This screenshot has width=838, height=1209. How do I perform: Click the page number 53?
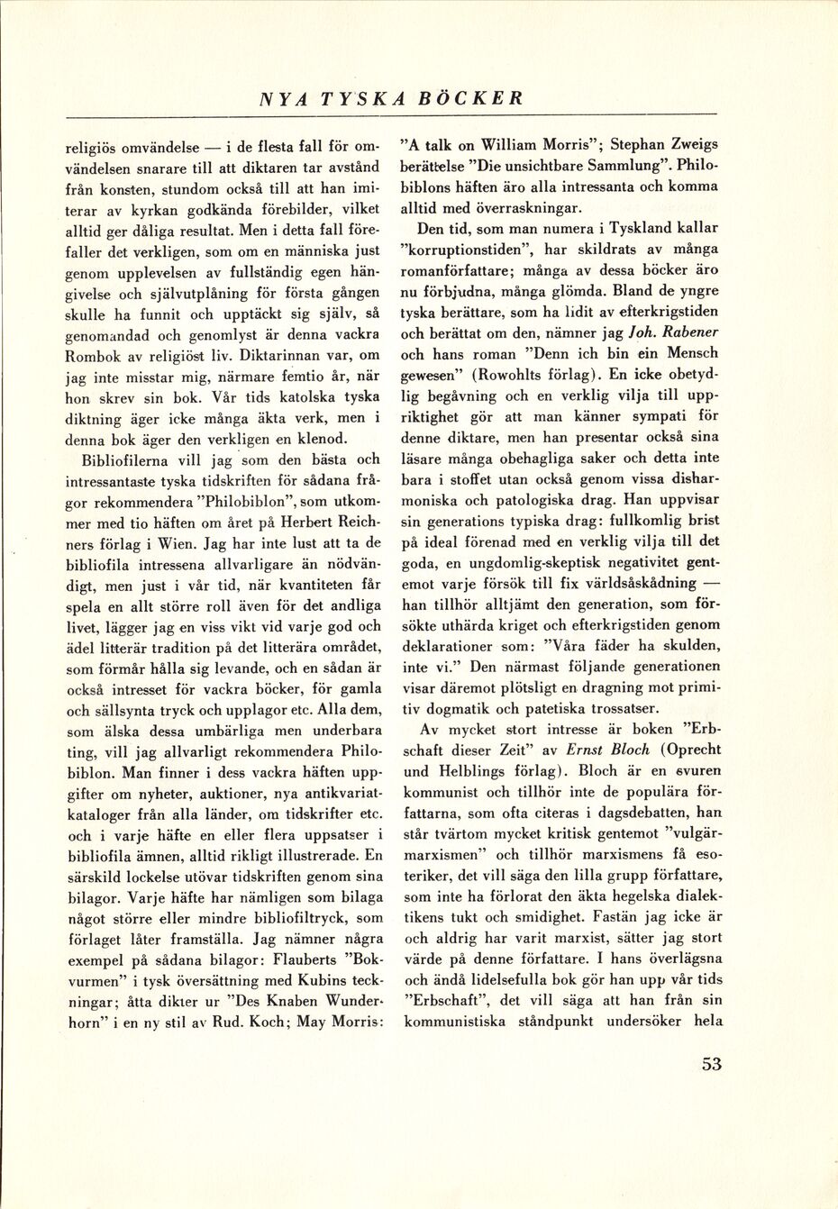pyautogui.click(x=711, y=1064)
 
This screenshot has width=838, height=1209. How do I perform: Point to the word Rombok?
pyautogui.click(x=92, y=356)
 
